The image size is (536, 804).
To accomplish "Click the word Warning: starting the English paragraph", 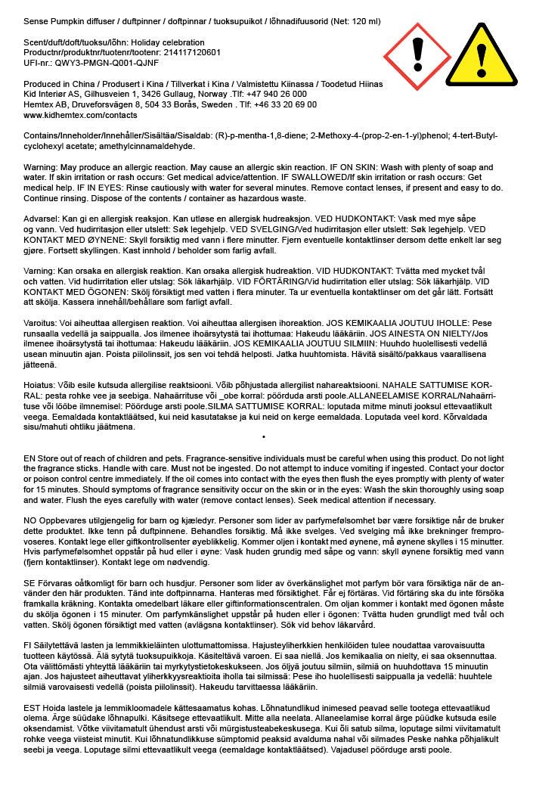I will (43, 166).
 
